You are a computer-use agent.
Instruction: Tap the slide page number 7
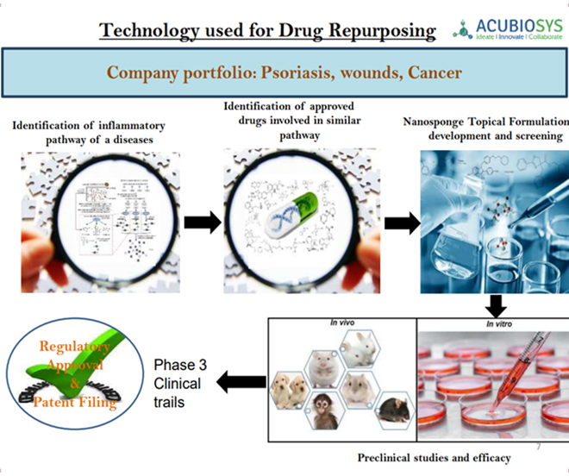(x=538, y=448)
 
